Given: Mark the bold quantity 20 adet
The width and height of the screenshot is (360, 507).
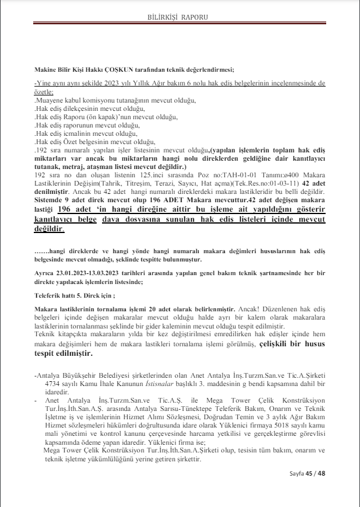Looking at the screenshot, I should click(192, 310).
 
